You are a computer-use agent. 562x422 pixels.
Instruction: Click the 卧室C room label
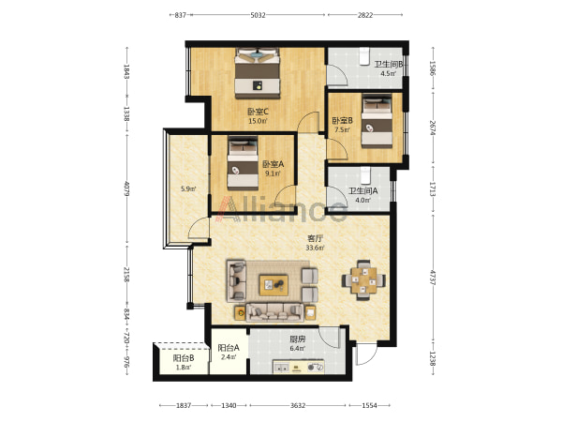point(259,112)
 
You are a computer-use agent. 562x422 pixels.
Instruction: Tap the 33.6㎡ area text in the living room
point(315,248)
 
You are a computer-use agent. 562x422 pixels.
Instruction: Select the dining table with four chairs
point(363,279)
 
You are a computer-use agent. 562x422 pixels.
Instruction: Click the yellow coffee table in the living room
point(274,285)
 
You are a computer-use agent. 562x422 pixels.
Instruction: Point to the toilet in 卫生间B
point(364,56)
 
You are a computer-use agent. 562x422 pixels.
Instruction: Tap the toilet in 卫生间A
point(365,175)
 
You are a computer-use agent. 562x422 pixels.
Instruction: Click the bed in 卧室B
point(377,121)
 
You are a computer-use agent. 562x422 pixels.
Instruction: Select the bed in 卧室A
point(243,163)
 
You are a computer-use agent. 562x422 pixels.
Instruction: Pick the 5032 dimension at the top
point(259,15)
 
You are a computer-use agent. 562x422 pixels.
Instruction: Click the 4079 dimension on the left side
point(126,188)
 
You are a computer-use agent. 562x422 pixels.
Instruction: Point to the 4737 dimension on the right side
point(433,278)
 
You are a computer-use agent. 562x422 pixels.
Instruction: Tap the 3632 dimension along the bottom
point(298,405)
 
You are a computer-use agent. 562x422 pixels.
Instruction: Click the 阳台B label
point(184,358)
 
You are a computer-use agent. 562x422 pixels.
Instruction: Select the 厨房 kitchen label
point(298,339)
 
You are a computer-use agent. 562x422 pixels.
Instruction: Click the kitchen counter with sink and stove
point(299,367)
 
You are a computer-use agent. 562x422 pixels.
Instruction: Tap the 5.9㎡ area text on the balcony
point(188,188)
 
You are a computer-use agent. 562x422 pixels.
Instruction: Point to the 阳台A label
point(229,348)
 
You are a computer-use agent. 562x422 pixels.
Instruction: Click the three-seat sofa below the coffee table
point(275,312)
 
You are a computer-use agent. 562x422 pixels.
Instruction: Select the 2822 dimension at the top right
point(365,15)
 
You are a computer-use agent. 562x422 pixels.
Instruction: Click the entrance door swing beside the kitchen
point(366,354)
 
